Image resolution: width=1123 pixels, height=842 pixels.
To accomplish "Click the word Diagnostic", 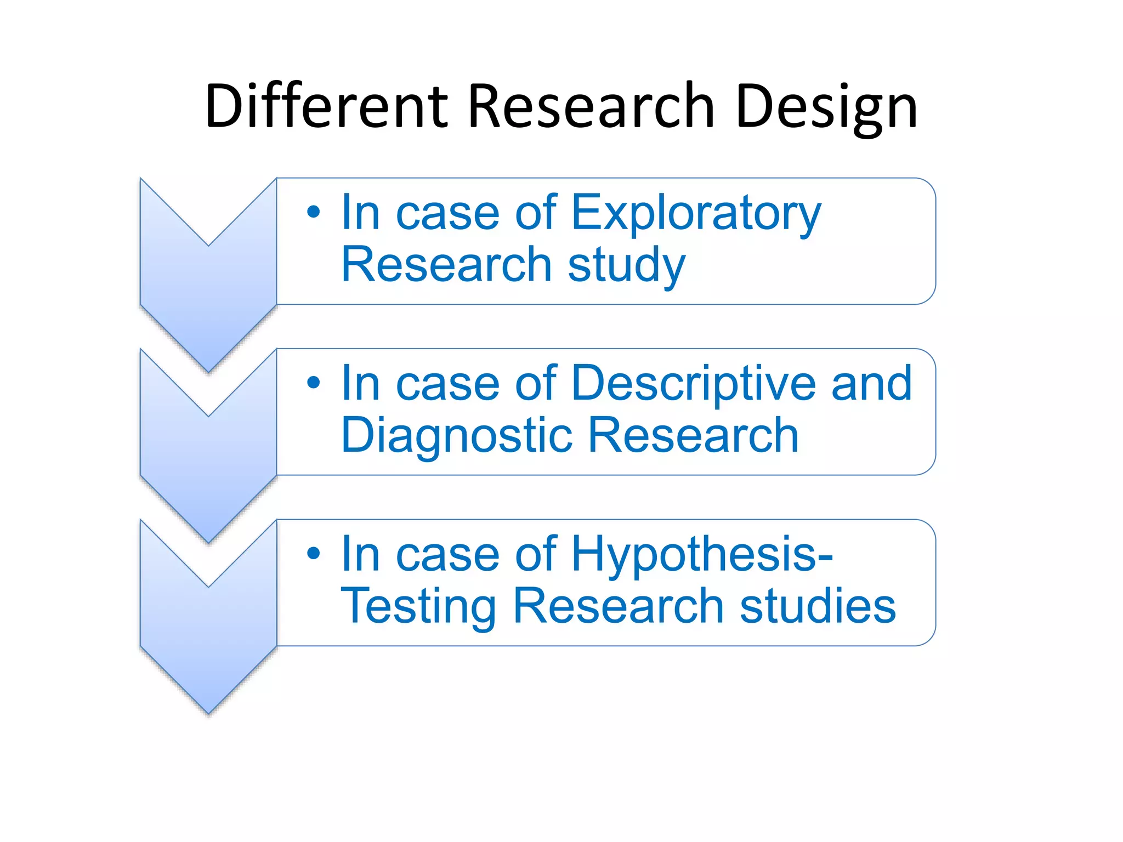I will (x=457, y=436).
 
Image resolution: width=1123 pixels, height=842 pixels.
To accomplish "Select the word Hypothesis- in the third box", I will (x=702, y=555).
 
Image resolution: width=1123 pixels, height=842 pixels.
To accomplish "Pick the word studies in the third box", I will (x=817, y=607).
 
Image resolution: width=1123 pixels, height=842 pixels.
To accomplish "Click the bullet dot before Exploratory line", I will (x=313, y=212).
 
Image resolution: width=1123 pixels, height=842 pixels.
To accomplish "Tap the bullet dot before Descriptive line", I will (x=313, y=383).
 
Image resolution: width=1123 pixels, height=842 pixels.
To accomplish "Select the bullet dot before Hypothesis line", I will (x=313, y=554).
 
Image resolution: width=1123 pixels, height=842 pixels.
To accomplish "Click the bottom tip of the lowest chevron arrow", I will (x=208, y=712).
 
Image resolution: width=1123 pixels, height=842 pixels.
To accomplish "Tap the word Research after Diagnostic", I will (x=693, y=436).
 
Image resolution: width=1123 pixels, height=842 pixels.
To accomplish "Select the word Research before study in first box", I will (x=446, y=265).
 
